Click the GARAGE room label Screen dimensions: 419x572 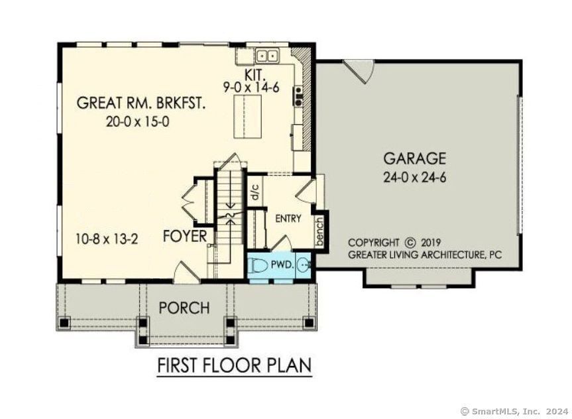click(415, 158)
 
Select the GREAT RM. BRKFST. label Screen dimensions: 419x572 click(141, 103)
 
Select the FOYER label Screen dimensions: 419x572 click(186, 236)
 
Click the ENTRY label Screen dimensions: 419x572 click(288, 218)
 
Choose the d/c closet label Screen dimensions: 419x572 click(255, 192)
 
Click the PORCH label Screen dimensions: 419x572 click(184, 308)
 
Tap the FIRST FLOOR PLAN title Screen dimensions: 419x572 click(234, 365)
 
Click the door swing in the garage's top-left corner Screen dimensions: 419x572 click(362, 72)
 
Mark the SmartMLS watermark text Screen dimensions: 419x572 click(514, 411)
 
